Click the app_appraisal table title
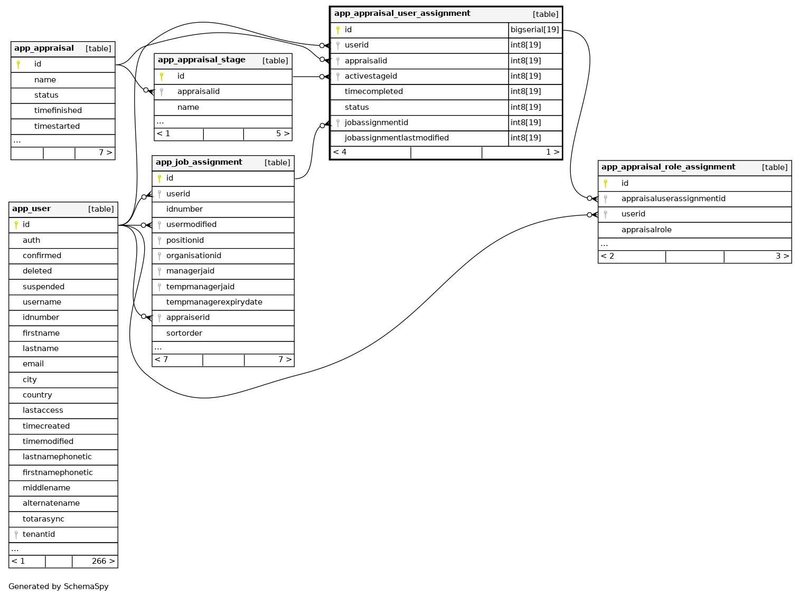(x=44, y=49)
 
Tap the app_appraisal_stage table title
(x=202, y=60)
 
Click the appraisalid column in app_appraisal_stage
(x=199, y=92)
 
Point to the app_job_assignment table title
(x=199, y=163)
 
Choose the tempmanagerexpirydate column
(x=214, y=302)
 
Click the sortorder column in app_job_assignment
(x=184, y=334)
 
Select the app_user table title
(x=32, y=209)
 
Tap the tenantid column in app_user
(x=39, y=535)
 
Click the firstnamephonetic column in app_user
(x=58, y=473)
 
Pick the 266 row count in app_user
(x=99, y=562)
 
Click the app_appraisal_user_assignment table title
(x=402, y=14)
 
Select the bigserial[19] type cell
(x=534, y=30)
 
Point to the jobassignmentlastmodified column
(x=397, y=138)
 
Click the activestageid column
(x=371, y=77)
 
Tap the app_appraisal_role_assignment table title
(x=669, y=167)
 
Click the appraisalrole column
(x=646, y=230)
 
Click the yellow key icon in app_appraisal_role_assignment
(x=606, y=184)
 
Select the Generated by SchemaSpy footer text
(x=59, y=587)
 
